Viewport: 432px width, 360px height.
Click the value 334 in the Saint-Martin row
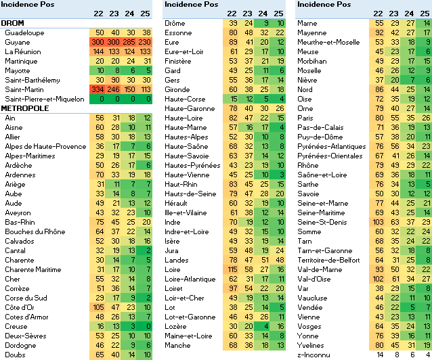point(100,89)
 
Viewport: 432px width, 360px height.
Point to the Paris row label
point(307,118)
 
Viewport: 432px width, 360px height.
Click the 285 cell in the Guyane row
point(131,42)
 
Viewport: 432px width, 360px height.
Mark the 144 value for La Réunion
point(100,51)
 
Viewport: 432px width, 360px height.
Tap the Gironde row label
point(177,89)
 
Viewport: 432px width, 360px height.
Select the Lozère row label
point(177,326)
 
